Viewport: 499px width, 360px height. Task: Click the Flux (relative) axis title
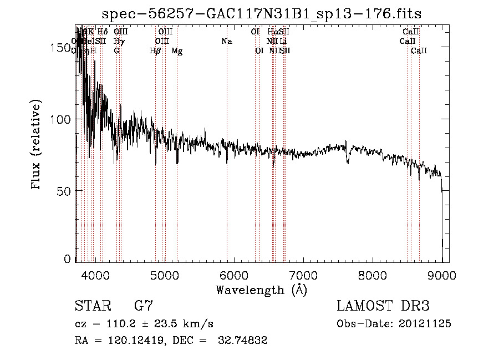(37, 145)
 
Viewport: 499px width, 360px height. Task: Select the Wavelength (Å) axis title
(261, 290)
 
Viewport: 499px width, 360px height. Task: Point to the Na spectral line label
(226, 42)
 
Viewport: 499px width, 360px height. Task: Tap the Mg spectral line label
(177, 51)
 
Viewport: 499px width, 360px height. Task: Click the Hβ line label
(155, 51)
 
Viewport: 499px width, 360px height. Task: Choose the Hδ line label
(103, 32)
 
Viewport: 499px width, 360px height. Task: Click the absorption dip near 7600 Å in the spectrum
(348, 160)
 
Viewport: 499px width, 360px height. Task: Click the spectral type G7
(143, 306)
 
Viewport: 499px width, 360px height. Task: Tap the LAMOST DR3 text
(383, 306)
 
